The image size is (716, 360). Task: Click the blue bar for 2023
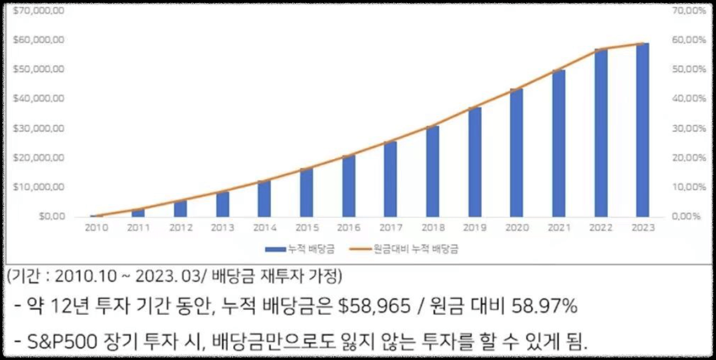(x=643, y=130)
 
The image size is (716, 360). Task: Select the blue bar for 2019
(x=475, y=162)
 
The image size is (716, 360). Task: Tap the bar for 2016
(x=349, y=186)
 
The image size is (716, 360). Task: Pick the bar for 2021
(x=559, y=143)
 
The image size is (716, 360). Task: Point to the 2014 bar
(x=264, y=199)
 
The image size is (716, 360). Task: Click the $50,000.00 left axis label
(x=38, y=69)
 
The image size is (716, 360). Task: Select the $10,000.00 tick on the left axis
(x=38, y=187)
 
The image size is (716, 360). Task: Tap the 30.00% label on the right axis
(x=689, y=129)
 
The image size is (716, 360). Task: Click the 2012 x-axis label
(x=181, y=228)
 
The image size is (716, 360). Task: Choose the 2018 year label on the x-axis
(x=433, y=228)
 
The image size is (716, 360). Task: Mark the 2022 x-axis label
(x=601, y=228)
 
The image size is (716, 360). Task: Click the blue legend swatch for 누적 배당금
(x=275, y=249)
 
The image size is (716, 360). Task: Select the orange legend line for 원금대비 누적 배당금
(x=360, y=249)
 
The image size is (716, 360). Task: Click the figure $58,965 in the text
(x=374, y=307)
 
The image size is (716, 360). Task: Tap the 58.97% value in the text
(x=544, y=307)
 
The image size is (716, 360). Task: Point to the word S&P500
(x=62, y=342)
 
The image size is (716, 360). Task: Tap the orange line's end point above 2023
(x=643, y=44)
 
